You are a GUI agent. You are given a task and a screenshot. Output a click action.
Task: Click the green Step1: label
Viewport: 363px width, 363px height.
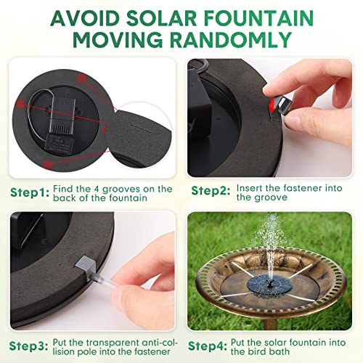(x=30, y=192)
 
